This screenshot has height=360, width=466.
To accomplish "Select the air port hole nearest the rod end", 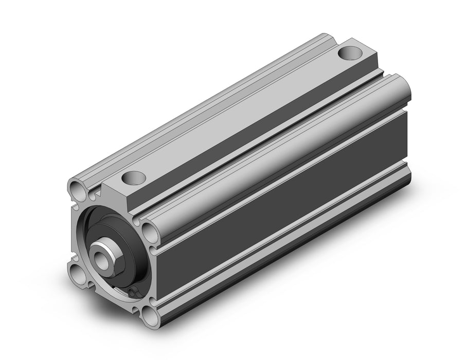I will pyautogui.click(x=133, y=178).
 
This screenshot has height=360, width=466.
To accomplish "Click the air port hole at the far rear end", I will pyautogui.click(x=351, y=52).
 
